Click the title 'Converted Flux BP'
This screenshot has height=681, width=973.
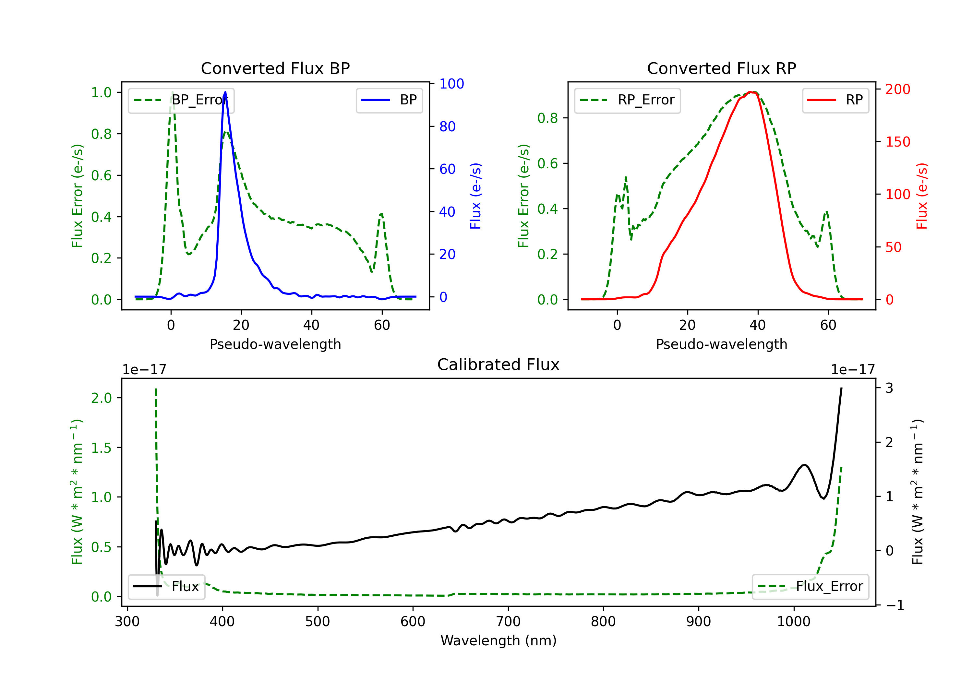(x=275, y=68)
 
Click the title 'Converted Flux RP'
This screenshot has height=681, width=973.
(x=721, y=68)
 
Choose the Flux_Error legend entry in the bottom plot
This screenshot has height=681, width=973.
(x=810, y=587)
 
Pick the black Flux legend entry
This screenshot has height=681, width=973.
(x=167, y=587)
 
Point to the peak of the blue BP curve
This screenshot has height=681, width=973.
(x=225, y=92)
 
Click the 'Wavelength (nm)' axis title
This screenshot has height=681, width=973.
(x=499, y=641)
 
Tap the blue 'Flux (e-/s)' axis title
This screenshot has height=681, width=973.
(x=475, y=196)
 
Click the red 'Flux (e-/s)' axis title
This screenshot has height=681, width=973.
(x=922, y=196)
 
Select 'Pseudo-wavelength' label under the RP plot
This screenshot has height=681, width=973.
(x=721, y=344)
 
